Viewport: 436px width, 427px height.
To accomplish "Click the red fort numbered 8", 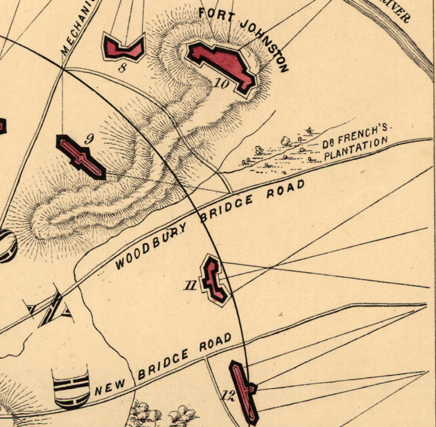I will (123, 48).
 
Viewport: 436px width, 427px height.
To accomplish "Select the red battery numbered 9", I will (80, 156).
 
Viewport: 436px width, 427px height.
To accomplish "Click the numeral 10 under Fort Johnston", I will (222, 84).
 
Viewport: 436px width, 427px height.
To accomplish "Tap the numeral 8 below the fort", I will (122, 68).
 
